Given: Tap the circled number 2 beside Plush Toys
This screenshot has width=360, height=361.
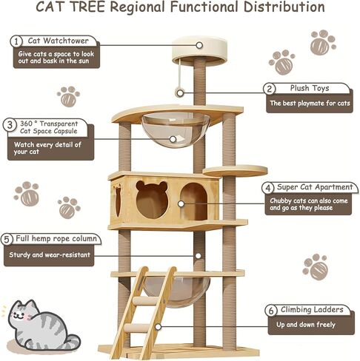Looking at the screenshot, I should (x=270, y=89).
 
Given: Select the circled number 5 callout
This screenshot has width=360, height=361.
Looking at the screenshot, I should (x=7, y=239).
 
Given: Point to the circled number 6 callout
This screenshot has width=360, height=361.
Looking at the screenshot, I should (x=270, y=310).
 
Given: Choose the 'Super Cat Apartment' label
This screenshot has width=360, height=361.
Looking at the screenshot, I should (x=313, y=188).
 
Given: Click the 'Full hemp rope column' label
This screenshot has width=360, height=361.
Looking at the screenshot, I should (x=56, y=239).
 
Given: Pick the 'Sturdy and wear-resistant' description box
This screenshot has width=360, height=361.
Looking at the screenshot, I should (x=50, y=255).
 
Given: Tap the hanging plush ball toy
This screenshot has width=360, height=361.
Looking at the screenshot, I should (x=179, y=92).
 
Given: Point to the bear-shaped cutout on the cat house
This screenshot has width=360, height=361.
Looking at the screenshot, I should (x=151, y=198).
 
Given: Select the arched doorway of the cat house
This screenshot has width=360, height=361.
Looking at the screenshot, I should (x=193, y=201).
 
